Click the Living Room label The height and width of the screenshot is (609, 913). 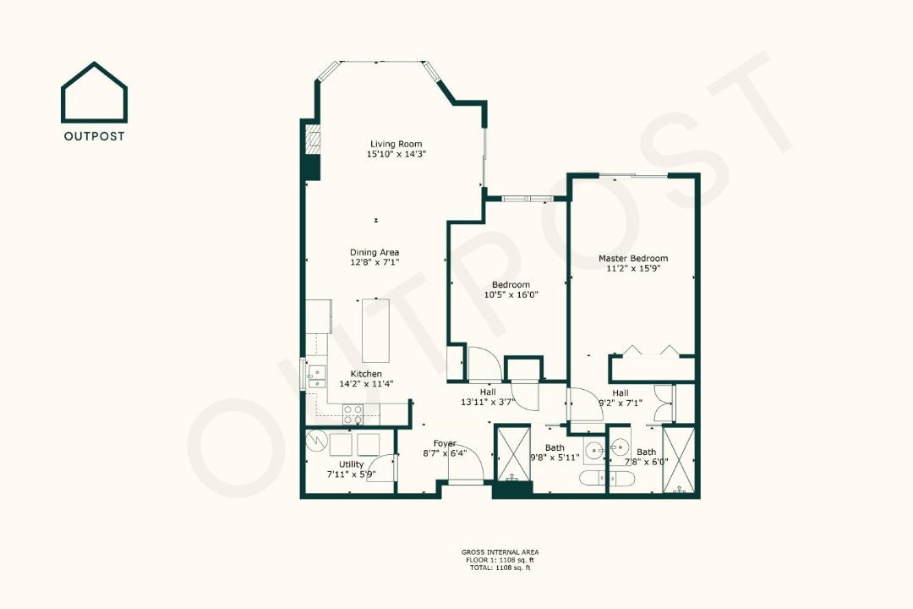coord(396,144)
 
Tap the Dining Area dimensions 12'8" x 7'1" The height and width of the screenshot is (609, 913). coord(374,263)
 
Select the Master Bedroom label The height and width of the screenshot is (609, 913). coord(633,258)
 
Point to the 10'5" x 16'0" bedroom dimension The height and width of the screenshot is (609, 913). coord(511,295)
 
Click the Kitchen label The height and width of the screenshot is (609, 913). coord(366,374)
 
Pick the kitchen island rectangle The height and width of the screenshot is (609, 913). coord(375,331)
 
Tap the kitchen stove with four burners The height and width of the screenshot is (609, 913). coord(353,414)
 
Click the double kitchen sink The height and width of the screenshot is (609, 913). coord(317,376)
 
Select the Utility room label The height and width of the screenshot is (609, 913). coord(352,464)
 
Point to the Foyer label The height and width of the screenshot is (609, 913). coord(445,443)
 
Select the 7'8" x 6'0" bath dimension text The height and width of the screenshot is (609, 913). coord(647,462)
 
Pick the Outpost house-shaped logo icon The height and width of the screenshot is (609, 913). coord(95,92)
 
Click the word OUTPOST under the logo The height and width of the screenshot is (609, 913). coord(95,136)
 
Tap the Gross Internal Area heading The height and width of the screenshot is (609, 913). coord(500,551)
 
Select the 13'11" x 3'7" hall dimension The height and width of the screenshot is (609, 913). coord(488,402)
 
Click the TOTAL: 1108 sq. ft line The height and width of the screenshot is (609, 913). coord(500,567)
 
